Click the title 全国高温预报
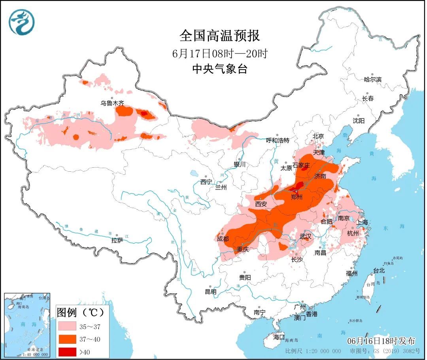click(220, 36)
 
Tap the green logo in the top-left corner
click(22, 22)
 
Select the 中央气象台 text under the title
click(220, 69)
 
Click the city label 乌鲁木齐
click(112, 103)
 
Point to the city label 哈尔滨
click(373, 80)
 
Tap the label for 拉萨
click(117, 240)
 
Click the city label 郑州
click(297, 197)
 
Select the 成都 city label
click(223, 239)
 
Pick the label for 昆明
click(210, 292)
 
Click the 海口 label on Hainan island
click(279, 337)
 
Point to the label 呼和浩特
click(278, 140)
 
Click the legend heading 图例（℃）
click(81, 312)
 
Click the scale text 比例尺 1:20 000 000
click(313, 351)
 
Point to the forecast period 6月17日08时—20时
click(220, 53)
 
